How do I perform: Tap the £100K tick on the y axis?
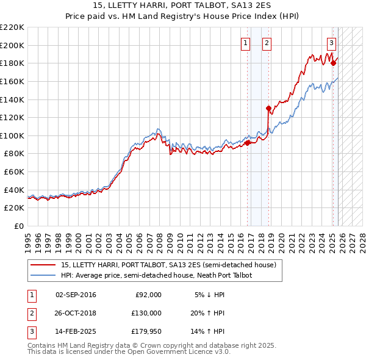coord(13,135)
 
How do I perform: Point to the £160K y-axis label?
coord(13,81)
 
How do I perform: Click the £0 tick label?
coord(20,226)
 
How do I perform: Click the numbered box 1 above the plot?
coord(245,43)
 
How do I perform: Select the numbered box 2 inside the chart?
coord(267,43)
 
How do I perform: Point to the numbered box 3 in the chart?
coord(331,43)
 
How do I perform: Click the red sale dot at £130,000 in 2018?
coord(268,108)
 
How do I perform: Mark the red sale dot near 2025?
coord(333,63)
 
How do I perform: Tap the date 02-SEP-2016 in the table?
coord(76,295)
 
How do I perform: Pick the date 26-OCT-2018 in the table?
coord(76,313)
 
